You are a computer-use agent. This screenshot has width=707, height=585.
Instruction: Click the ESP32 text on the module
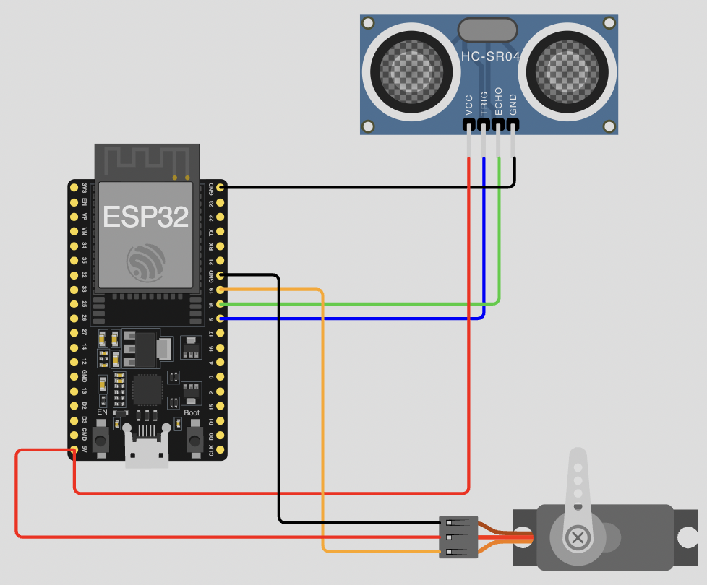[x=146, y=217]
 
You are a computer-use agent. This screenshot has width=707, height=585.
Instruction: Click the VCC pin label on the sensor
[x=469, y=105]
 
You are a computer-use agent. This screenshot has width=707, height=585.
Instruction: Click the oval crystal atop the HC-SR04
[x=488, y=30]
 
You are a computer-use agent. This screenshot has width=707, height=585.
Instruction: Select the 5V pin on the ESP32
[x=74, y=449]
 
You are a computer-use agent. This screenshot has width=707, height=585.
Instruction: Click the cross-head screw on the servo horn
[x=578, y=537]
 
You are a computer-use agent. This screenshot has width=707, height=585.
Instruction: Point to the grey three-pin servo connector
[x=458, y=537]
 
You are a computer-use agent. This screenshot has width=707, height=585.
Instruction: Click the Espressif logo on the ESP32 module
[x=146, y=262]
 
